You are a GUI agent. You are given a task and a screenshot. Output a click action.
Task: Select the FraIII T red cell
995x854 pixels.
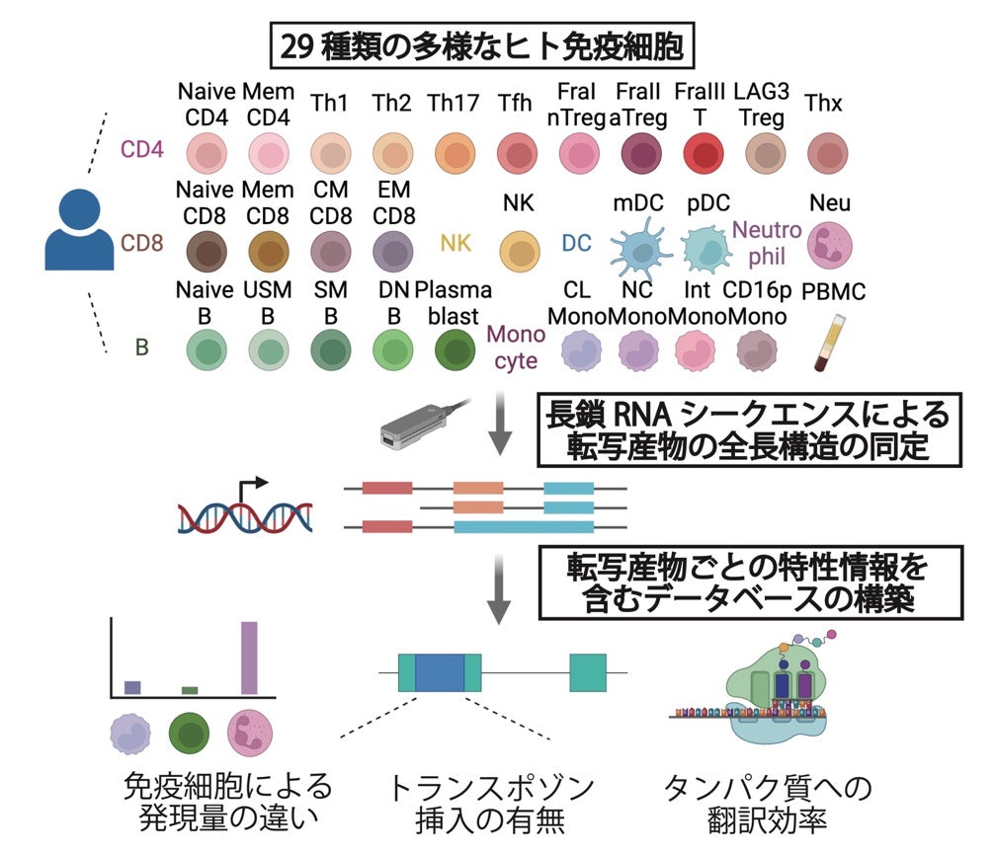coord(699,154)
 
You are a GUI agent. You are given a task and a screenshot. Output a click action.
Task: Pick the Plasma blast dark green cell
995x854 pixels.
coord(454,349)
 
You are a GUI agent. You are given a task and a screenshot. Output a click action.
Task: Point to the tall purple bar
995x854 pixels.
coord(249,658)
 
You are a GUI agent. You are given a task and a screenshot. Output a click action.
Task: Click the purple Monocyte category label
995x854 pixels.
coord(516,349)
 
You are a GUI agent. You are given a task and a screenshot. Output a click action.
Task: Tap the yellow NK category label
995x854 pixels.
coord(456,243)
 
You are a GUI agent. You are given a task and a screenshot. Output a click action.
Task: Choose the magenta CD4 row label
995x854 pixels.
coord(141,150)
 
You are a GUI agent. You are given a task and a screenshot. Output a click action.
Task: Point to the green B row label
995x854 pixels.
coord(141,349)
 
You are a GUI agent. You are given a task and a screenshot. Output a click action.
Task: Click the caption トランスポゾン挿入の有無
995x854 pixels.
coord(492,805)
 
